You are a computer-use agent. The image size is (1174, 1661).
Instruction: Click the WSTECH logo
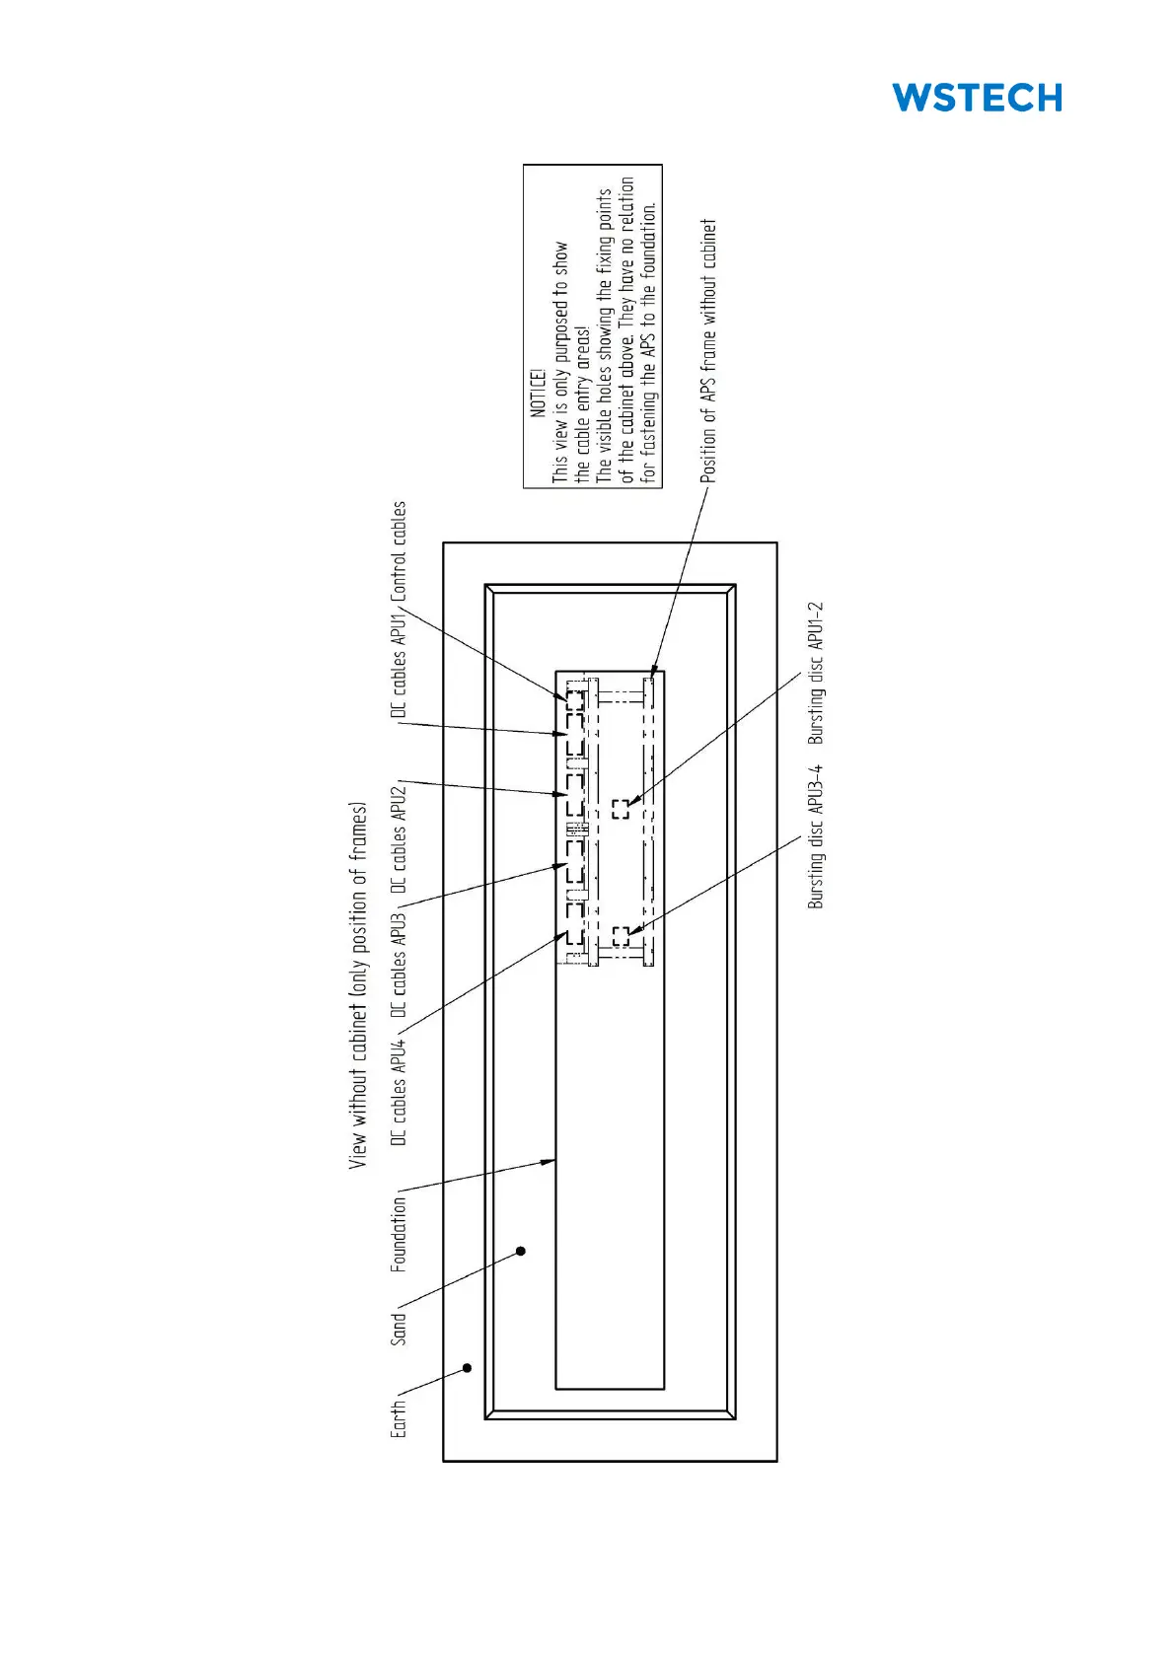pyautogui.click(x=977, y=98)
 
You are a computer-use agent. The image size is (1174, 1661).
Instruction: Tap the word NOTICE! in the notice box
pyautogui.click(x=538, y=394)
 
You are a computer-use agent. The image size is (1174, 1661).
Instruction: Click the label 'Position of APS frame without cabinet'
pyautogui.click(x=708, y=351)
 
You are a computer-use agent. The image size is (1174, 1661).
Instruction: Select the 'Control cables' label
pyautogui.click(x=399, y=551)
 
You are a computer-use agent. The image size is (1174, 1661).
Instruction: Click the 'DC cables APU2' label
pyautogui.click(x=399, y=839)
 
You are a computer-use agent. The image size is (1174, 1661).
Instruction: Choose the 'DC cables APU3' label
pyautogui.click(x=399, y=966)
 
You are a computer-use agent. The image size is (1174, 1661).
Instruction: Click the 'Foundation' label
pyautogui.click(x=399, y=1234)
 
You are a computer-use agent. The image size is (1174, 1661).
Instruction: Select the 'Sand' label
pyautogui.click(x=399, y=1329)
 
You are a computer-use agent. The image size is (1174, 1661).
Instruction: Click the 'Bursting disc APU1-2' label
pyautogui.click(x=815, y=674)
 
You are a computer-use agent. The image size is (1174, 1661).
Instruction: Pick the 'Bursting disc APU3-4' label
pyautogui.click(x=815, y=836)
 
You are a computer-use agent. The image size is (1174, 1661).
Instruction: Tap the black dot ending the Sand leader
pyautogui.click(x=521, y=1251)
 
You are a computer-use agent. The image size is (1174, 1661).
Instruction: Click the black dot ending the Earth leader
pyautogui.click(x=468, y=1368)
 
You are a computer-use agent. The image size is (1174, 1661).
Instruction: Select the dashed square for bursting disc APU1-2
pyautogui.click(x=621, y=809)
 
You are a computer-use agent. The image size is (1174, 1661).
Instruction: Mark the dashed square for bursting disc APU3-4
pyautogui.click(x=621, y=936)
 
